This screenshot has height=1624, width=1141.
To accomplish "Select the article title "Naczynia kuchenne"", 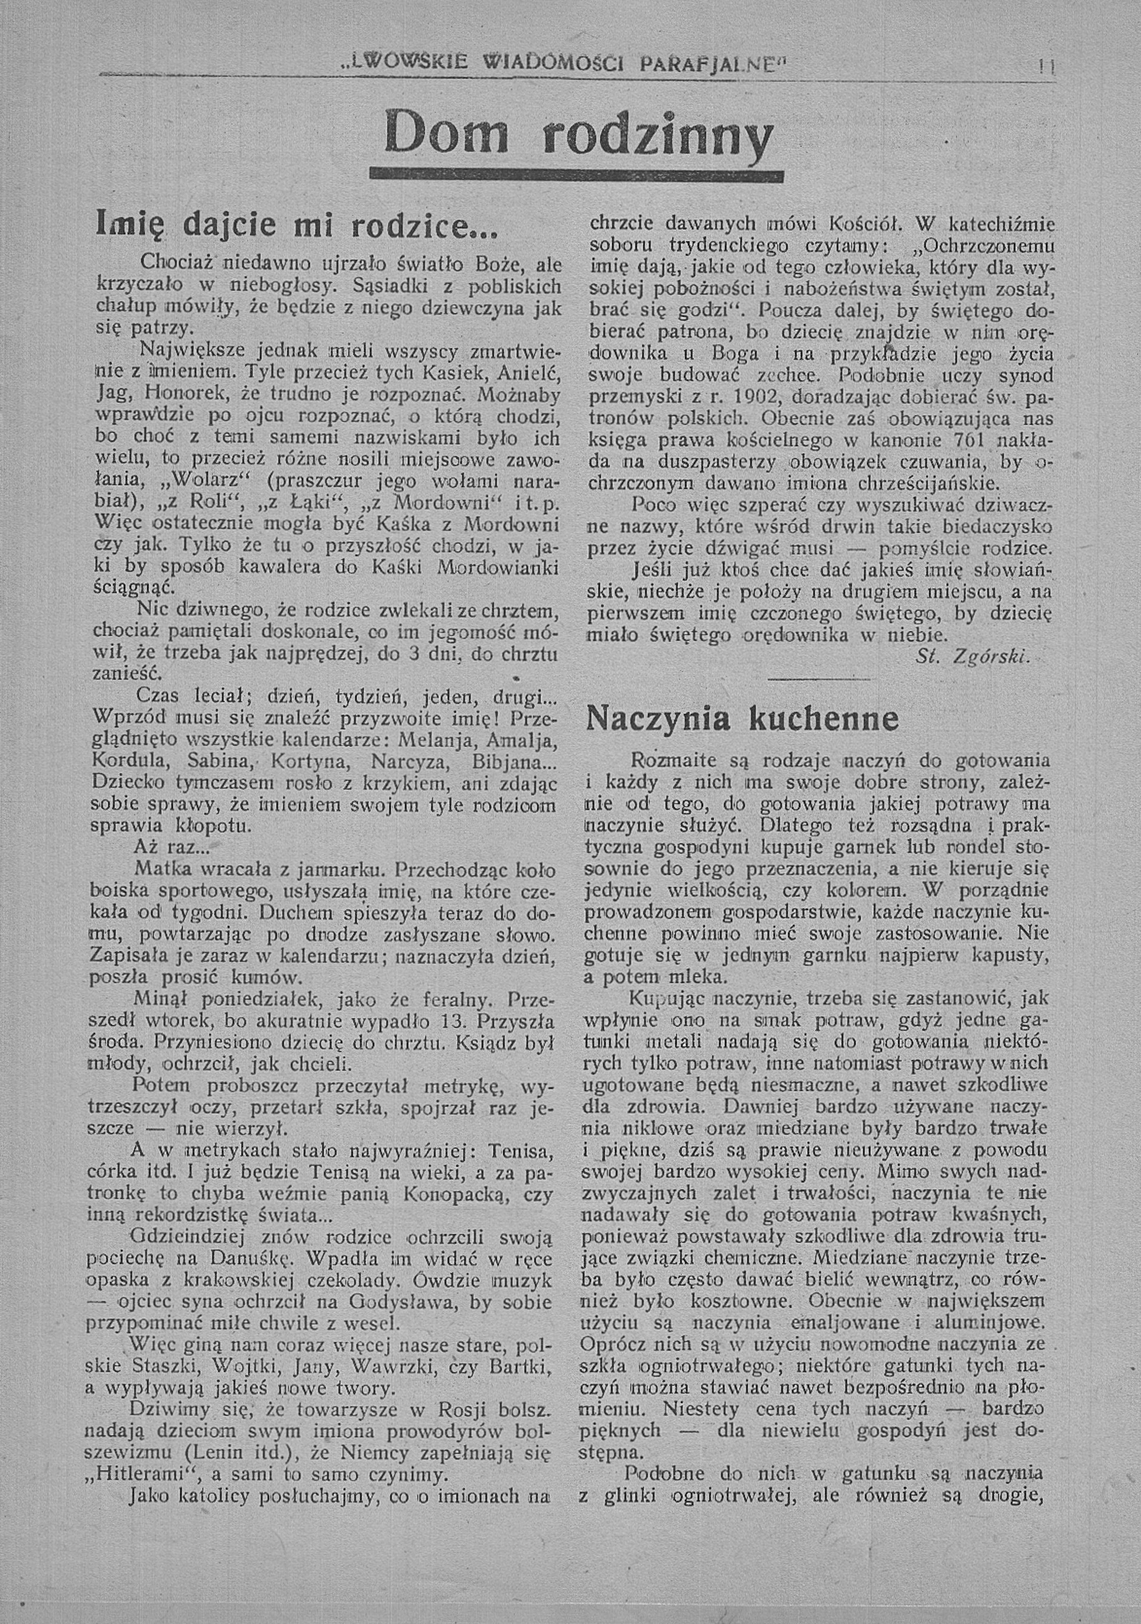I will [743, 719].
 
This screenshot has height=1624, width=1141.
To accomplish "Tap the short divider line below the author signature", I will [819, 680].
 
